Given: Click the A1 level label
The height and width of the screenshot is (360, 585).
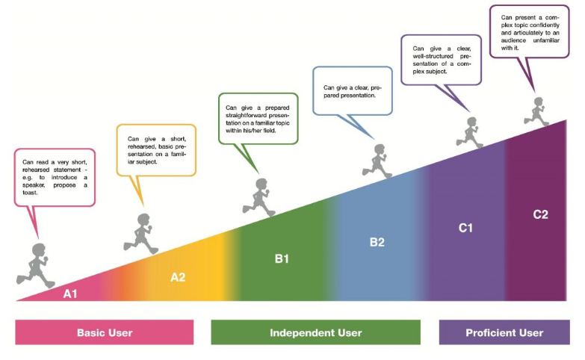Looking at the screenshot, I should point(69,294).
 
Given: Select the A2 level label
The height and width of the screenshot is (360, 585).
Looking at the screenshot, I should point(178,276).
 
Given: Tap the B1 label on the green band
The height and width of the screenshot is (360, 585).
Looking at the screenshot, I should point(282,258).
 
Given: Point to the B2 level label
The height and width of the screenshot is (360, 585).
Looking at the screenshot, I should point(377,242).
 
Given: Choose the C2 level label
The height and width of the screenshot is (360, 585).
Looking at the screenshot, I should point(540,214).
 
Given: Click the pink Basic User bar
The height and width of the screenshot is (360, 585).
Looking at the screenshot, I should point(105,332).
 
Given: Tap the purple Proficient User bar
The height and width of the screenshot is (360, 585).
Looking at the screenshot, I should point(504,332).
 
